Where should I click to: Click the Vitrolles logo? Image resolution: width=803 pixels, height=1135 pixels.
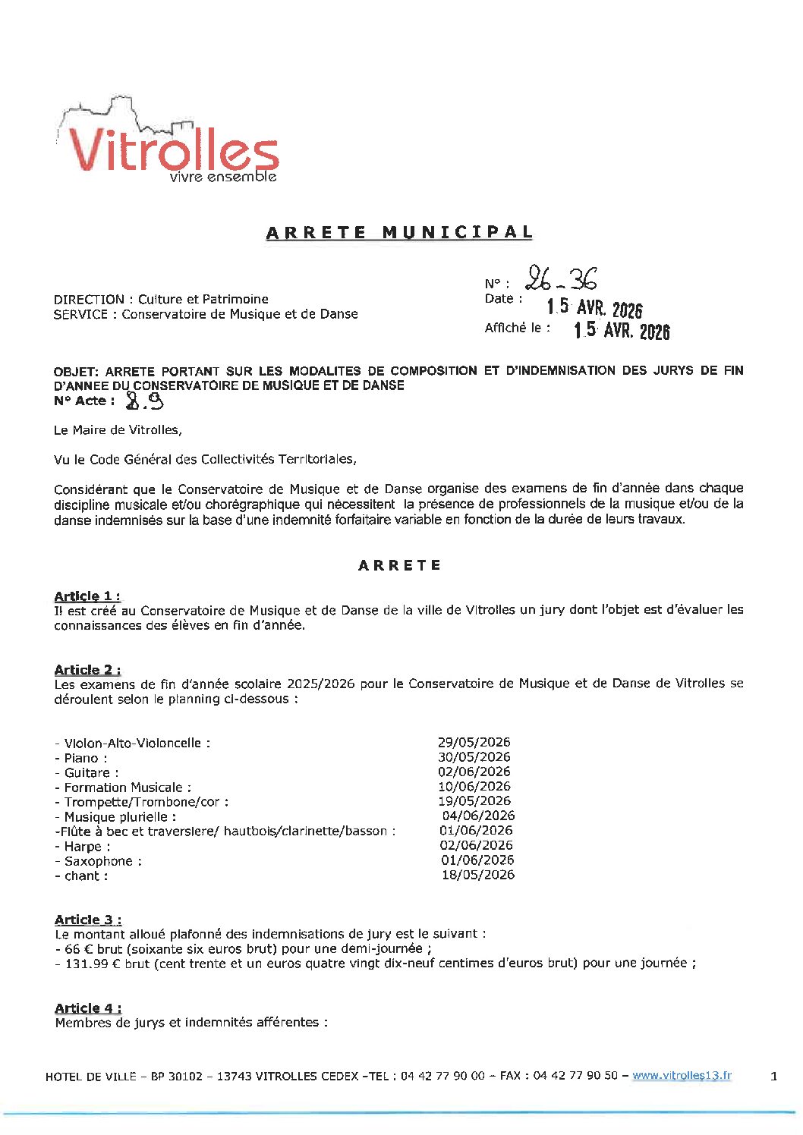click(168, 144)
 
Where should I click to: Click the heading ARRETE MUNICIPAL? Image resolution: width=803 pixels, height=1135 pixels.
click(399, 232)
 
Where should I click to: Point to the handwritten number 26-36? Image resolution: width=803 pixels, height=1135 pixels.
click(562, 280)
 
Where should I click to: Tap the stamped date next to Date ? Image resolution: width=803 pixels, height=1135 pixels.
click(594, 307)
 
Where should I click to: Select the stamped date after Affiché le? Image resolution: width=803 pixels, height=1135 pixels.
click(622, 330)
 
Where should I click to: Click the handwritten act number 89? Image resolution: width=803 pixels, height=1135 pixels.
click(145, 401)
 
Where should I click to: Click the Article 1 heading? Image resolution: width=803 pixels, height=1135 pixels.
click(87, 596)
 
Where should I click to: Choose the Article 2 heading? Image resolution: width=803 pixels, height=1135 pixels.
click(87, 670)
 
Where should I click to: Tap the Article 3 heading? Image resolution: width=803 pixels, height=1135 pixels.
click(88, 920)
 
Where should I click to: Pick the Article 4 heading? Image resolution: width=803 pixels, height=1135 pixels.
click(88, 1008)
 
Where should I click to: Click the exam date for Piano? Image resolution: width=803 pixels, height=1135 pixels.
click(474, 757)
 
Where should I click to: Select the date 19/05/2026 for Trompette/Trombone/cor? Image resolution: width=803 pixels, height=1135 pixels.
click(474, 801)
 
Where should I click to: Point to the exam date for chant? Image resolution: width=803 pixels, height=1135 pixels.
click(478, 875)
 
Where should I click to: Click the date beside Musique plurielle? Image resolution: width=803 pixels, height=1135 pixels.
click(478, 816)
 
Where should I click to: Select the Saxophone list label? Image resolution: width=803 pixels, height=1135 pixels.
click(98, 861)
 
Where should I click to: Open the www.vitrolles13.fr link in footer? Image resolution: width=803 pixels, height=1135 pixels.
click(682, 1076)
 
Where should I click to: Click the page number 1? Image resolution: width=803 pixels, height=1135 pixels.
click(773, 1076)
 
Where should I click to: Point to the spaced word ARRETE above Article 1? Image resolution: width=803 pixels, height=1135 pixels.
click(399, 565)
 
